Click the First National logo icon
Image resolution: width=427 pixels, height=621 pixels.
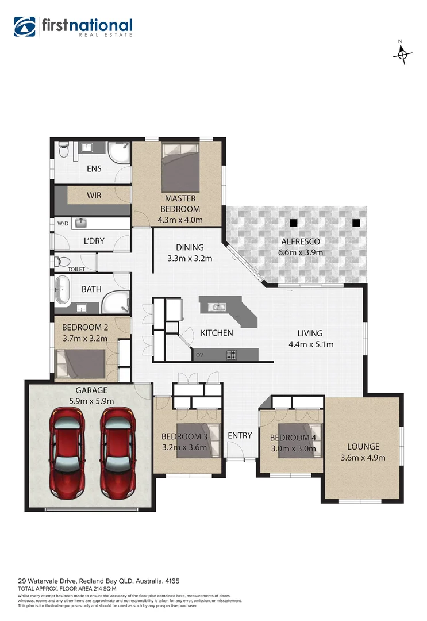pyautogui.click(x=25, y=27)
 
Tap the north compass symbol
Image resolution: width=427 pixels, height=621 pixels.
pyautogui.click(x=402, y=53)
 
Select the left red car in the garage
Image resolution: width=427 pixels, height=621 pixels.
pyautogui.click(x=68, y=454)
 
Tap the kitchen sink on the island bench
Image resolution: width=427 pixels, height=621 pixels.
pyautogui.click(x=218, y=306)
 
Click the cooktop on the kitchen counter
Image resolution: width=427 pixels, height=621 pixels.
pyautogui.click(x=232, y=354)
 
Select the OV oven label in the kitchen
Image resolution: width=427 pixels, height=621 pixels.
pyautogui.click(x=199, y=355)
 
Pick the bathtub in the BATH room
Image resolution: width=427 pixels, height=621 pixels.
pyautogui.click(x=62, y=290)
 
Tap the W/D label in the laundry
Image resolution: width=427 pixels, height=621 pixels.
pyautogui.click(x=63, y=223)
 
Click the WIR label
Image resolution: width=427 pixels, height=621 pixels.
pyautogui.click(x=94, y=195)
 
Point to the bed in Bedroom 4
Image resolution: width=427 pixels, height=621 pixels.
pyautogui.click(x=298, y=440)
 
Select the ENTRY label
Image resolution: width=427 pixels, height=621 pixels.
pyautogui.click(x=240, y=435)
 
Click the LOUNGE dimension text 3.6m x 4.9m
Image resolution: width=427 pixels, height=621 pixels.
pyautogui.click(x=363, y=458)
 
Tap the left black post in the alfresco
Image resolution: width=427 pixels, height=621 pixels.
pyautogui.click(x=294, y=223)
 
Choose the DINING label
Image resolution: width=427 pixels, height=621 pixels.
pyautogui.click(x=190, y=247)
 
